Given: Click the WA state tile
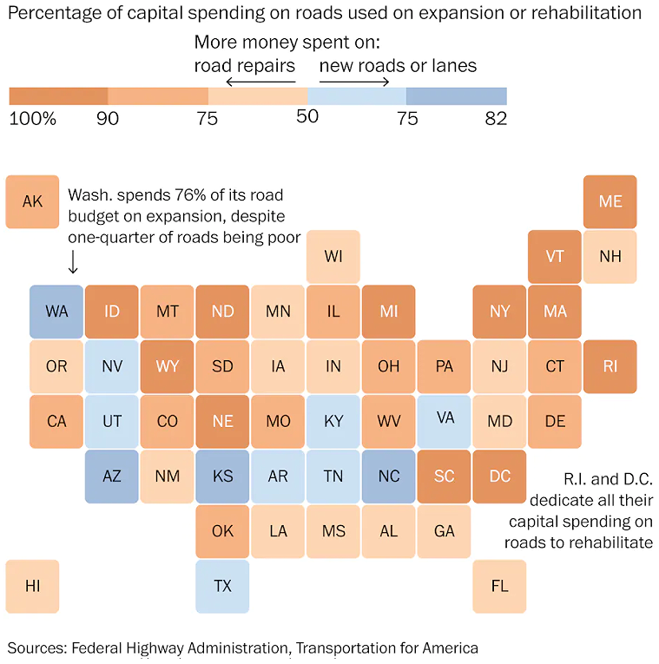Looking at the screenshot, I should coord(56,312).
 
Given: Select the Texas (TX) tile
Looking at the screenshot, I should coord(222,586).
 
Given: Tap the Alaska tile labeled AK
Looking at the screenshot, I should coord(32,201).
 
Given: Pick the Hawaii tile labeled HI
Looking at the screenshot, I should coord(32,586).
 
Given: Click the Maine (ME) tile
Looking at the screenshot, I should coord(610,201).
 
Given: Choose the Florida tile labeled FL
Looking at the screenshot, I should coord(499,586).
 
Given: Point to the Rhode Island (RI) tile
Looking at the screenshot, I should coord(610,366).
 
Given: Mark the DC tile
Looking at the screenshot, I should coord(499,477).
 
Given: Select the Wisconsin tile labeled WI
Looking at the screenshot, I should coord(333,256).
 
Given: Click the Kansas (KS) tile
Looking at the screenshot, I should coord(222,477).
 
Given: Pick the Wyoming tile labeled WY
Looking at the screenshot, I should coord(167,366).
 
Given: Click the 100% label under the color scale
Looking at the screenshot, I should coord(32,119).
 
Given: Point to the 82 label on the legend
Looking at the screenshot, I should coord(496,119).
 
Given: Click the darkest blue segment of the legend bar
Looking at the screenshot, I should coord(456,95).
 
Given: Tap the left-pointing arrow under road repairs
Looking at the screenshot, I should coord(258,82).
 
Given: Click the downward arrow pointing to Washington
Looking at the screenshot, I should coord(73,261).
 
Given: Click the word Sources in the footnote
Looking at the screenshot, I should coord(36,648).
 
